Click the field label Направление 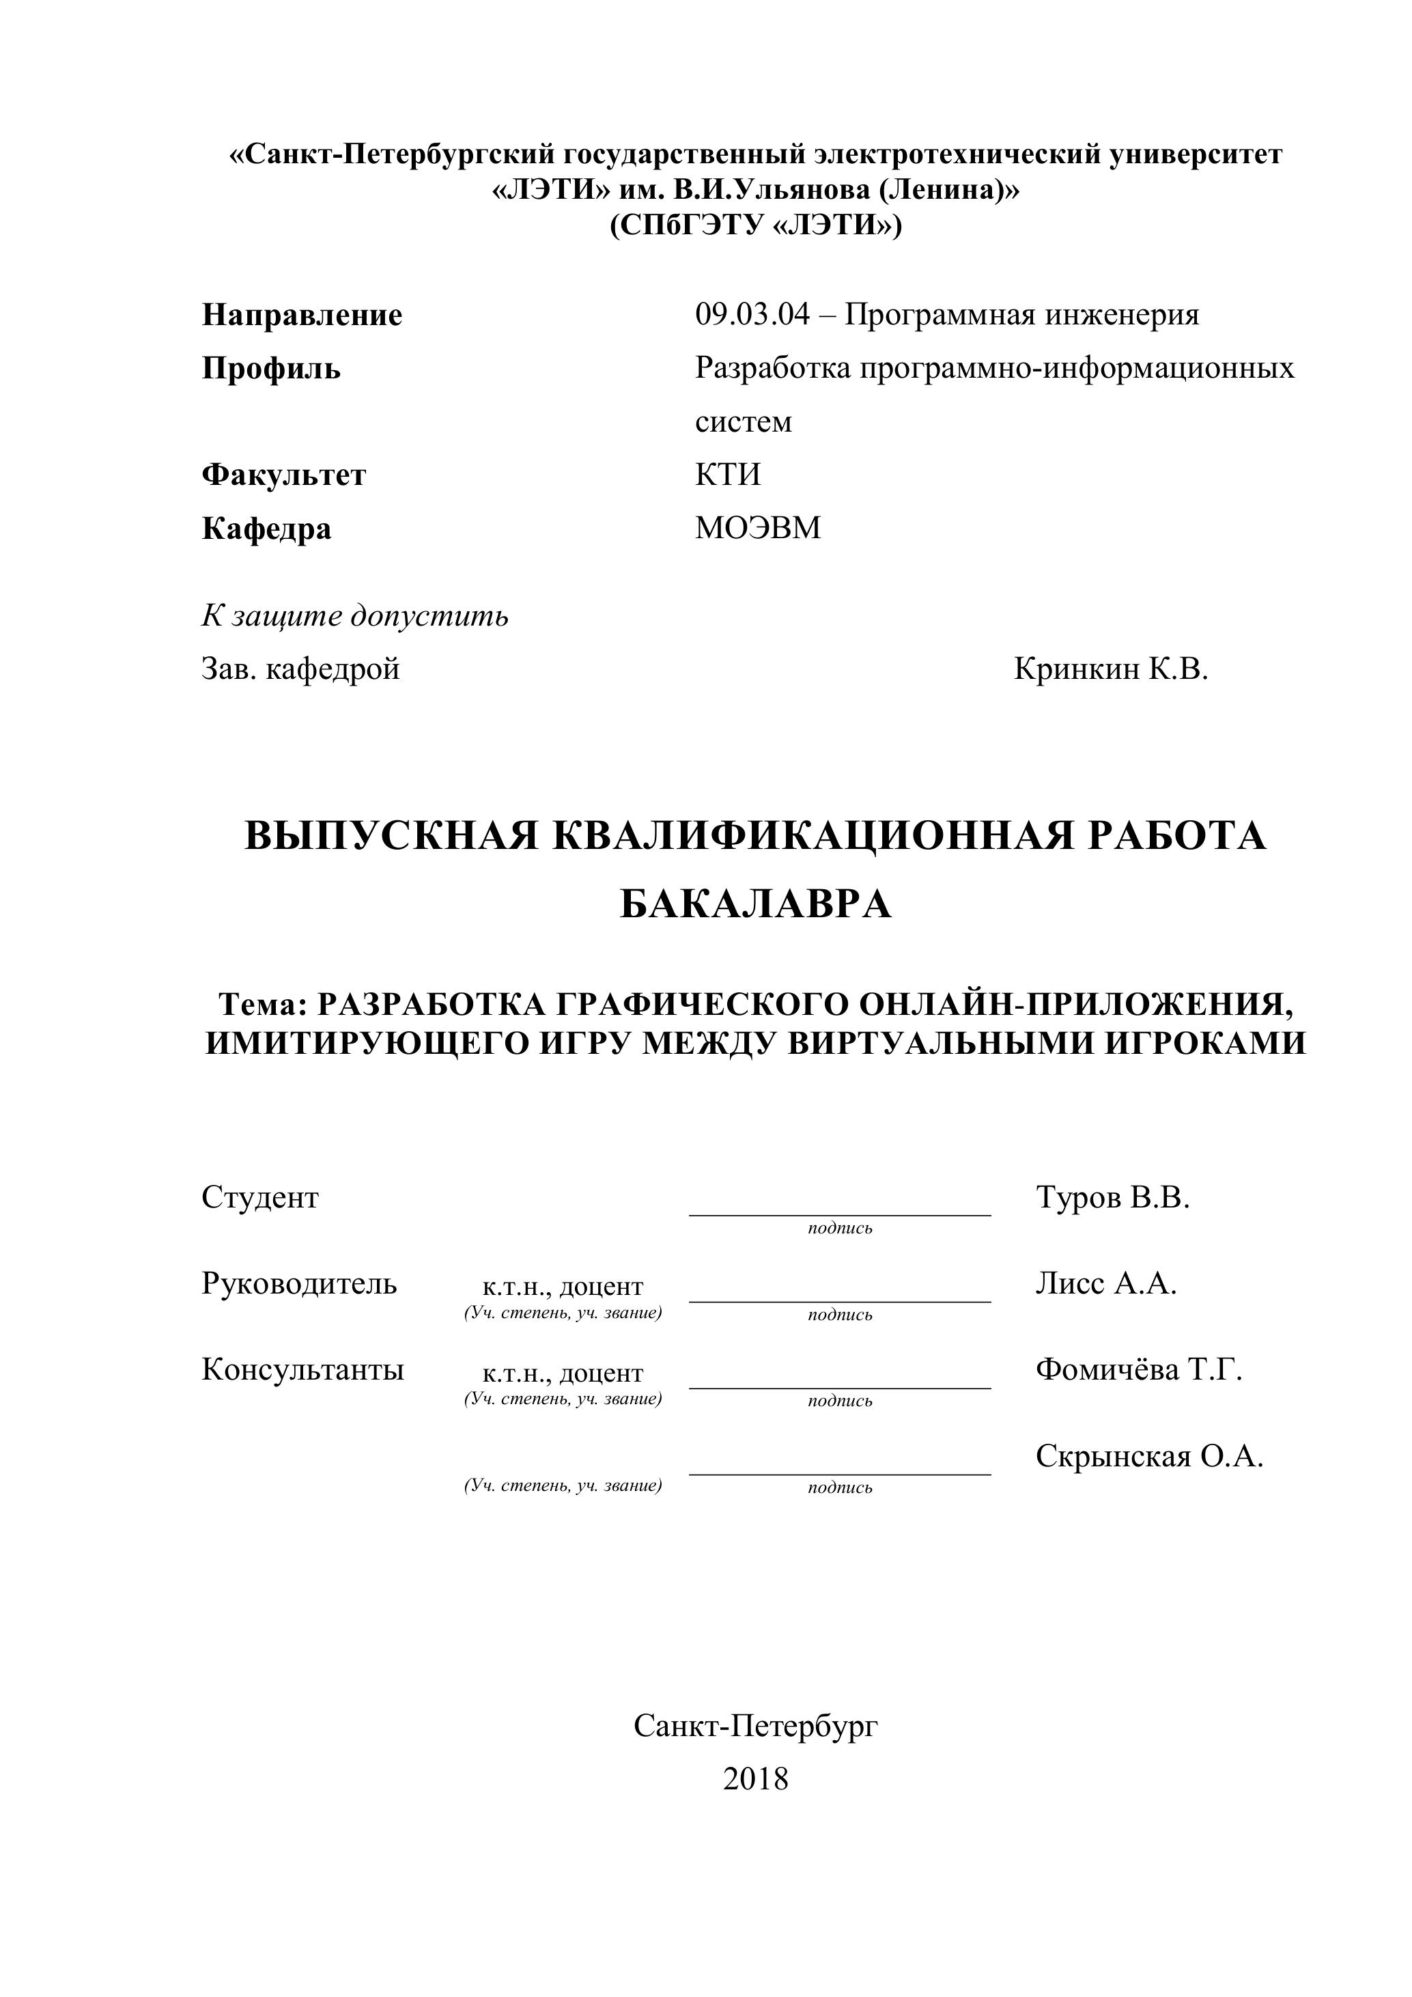[302, 315]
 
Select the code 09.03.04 [751, 314]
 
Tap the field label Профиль [271, 369]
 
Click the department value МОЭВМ [757, 528]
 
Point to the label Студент [260, 1198]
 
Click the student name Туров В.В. [1112, 1198]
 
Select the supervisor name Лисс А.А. [1106, 1284]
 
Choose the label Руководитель [299, 1284]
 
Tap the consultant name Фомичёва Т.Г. [1138, 1370]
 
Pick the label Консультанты [302, 1370]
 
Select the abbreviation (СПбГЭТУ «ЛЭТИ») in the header [756, 225]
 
